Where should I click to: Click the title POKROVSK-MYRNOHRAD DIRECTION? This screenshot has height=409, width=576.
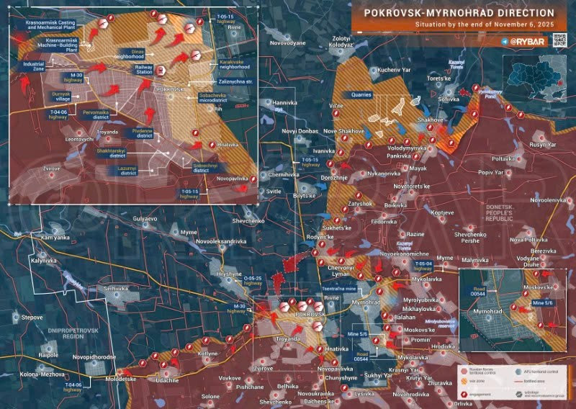[459, 13]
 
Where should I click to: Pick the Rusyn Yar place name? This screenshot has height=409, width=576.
[542, 144]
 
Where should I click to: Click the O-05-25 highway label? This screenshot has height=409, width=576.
[258, 280]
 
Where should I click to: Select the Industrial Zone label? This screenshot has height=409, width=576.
[34, 66]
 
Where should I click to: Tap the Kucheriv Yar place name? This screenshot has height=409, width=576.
[393, 70]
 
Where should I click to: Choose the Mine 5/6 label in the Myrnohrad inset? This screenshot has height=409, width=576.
[542, 305]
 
